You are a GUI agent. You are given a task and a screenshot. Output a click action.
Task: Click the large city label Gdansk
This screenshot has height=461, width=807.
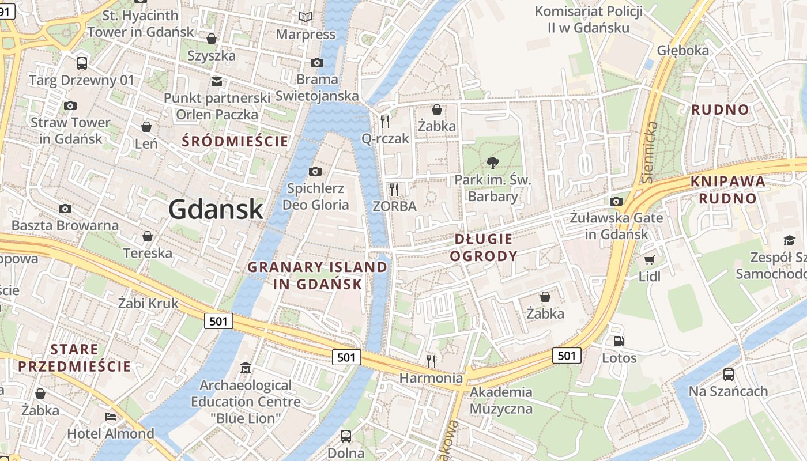coord(216,209)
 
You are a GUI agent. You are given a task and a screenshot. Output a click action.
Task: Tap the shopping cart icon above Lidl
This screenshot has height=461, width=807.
coord(650,260)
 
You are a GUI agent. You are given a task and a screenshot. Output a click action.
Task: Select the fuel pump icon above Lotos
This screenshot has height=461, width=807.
coord(619,341)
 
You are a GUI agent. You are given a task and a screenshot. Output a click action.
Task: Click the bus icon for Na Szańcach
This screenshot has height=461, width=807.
coord(728,375)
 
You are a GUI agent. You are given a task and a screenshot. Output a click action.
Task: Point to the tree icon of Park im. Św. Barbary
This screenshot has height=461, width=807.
coord(493,163)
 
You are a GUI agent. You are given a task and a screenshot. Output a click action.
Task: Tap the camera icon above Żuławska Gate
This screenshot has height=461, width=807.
coord(616,201)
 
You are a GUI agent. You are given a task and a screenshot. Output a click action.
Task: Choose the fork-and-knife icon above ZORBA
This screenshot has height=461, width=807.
coord(394,189)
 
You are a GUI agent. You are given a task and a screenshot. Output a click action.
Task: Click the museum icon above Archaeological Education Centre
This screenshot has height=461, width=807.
coord(246,368)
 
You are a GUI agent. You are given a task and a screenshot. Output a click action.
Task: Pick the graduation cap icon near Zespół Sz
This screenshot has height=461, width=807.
coord(789,240)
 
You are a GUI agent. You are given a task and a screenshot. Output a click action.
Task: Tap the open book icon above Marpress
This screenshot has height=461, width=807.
coord(306,18)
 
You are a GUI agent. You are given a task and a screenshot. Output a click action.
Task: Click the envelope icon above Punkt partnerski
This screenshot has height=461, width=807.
coord(217,81)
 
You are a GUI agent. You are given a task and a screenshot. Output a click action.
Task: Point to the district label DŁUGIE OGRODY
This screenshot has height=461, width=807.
coord(484,247)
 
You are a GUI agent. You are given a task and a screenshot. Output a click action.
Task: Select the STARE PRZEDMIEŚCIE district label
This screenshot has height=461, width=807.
coord(74,357)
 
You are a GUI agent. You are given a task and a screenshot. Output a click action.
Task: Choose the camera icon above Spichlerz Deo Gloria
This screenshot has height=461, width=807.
coord(315,171)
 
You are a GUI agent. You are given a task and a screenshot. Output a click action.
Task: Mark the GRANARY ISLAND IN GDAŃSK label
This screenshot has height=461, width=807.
coord(318,275)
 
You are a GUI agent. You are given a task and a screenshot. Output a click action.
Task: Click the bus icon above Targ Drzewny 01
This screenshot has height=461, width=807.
coord(82,63)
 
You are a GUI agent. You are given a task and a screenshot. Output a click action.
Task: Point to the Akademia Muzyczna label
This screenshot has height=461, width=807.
coord(501,400)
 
